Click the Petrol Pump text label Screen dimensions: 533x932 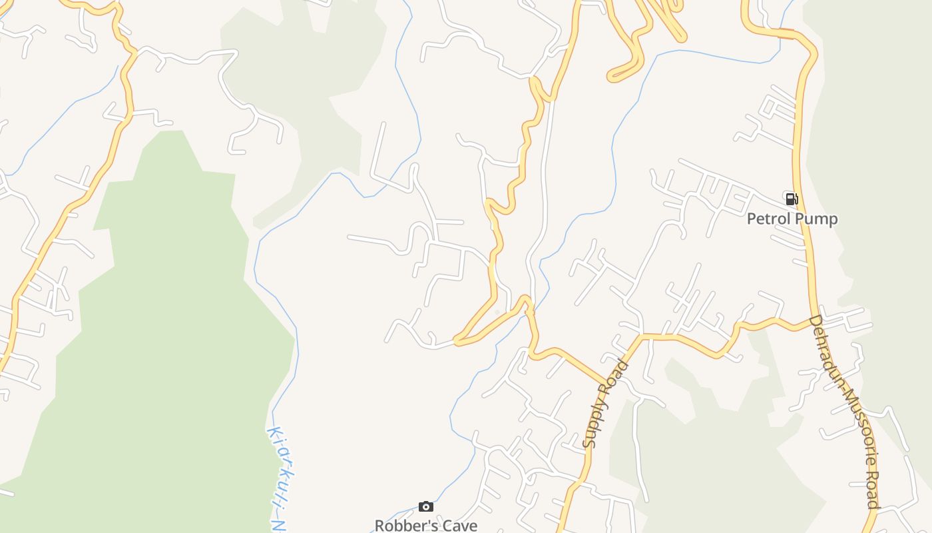(x=792, y=219)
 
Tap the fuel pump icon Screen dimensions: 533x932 (x=792, y=199)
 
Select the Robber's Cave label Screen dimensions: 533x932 (x=426, y=525)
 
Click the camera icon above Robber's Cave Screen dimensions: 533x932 (x=426, y=507)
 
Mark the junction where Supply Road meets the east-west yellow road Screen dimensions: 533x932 (x=641, y=336)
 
